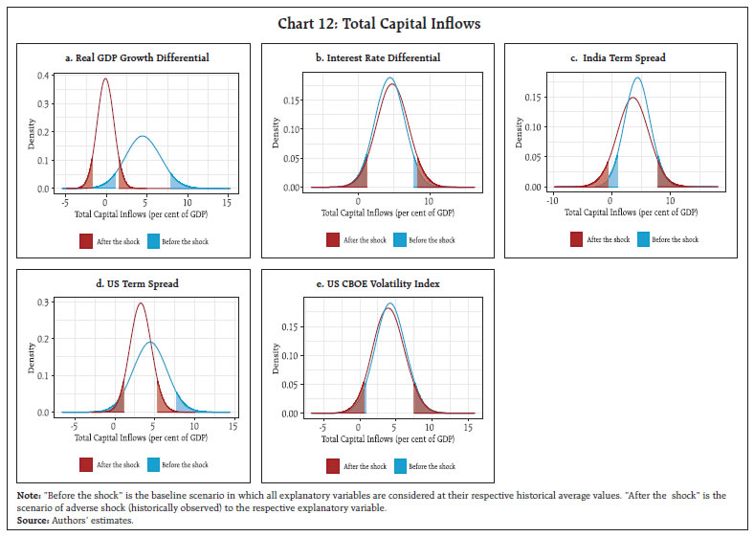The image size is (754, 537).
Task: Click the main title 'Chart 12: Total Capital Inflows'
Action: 376,23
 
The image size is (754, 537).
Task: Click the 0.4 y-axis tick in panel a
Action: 44,75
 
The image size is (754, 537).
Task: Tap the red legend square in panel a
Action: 86,241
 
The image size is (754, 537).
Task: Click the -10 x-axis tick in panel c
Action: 552,201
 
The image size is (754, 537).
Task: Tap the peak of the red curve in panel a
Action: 105,78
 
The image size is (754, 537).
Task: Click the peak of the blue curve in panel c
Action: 637,78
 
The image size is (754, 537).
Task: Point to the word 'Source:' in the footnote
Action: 35,520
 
